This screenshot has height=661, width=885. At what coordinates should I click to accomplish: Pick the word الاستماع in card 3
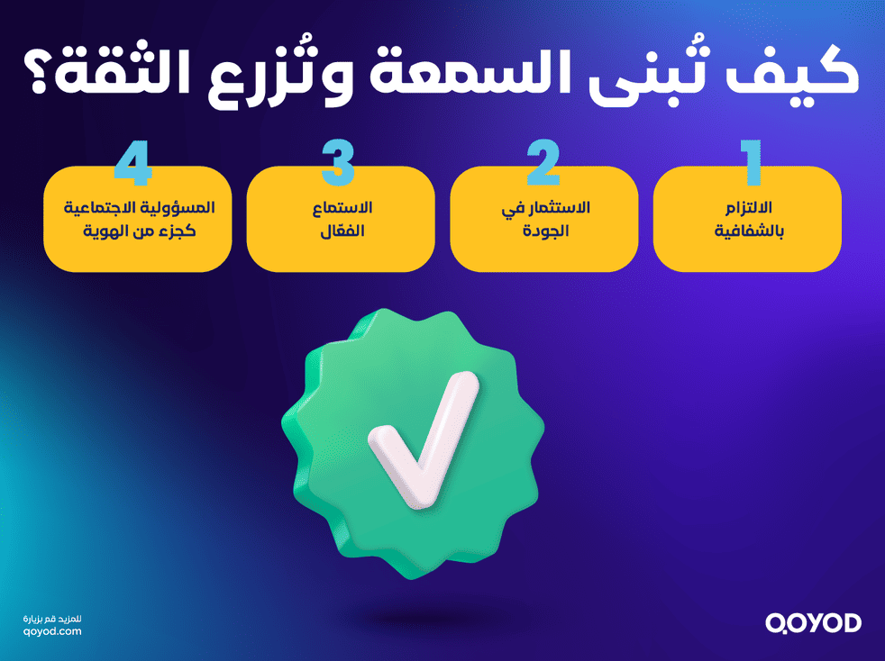click(x=341, y=209)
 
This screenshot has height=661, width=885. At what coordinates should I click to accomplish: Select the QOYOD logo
click(x=813, y=622)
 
